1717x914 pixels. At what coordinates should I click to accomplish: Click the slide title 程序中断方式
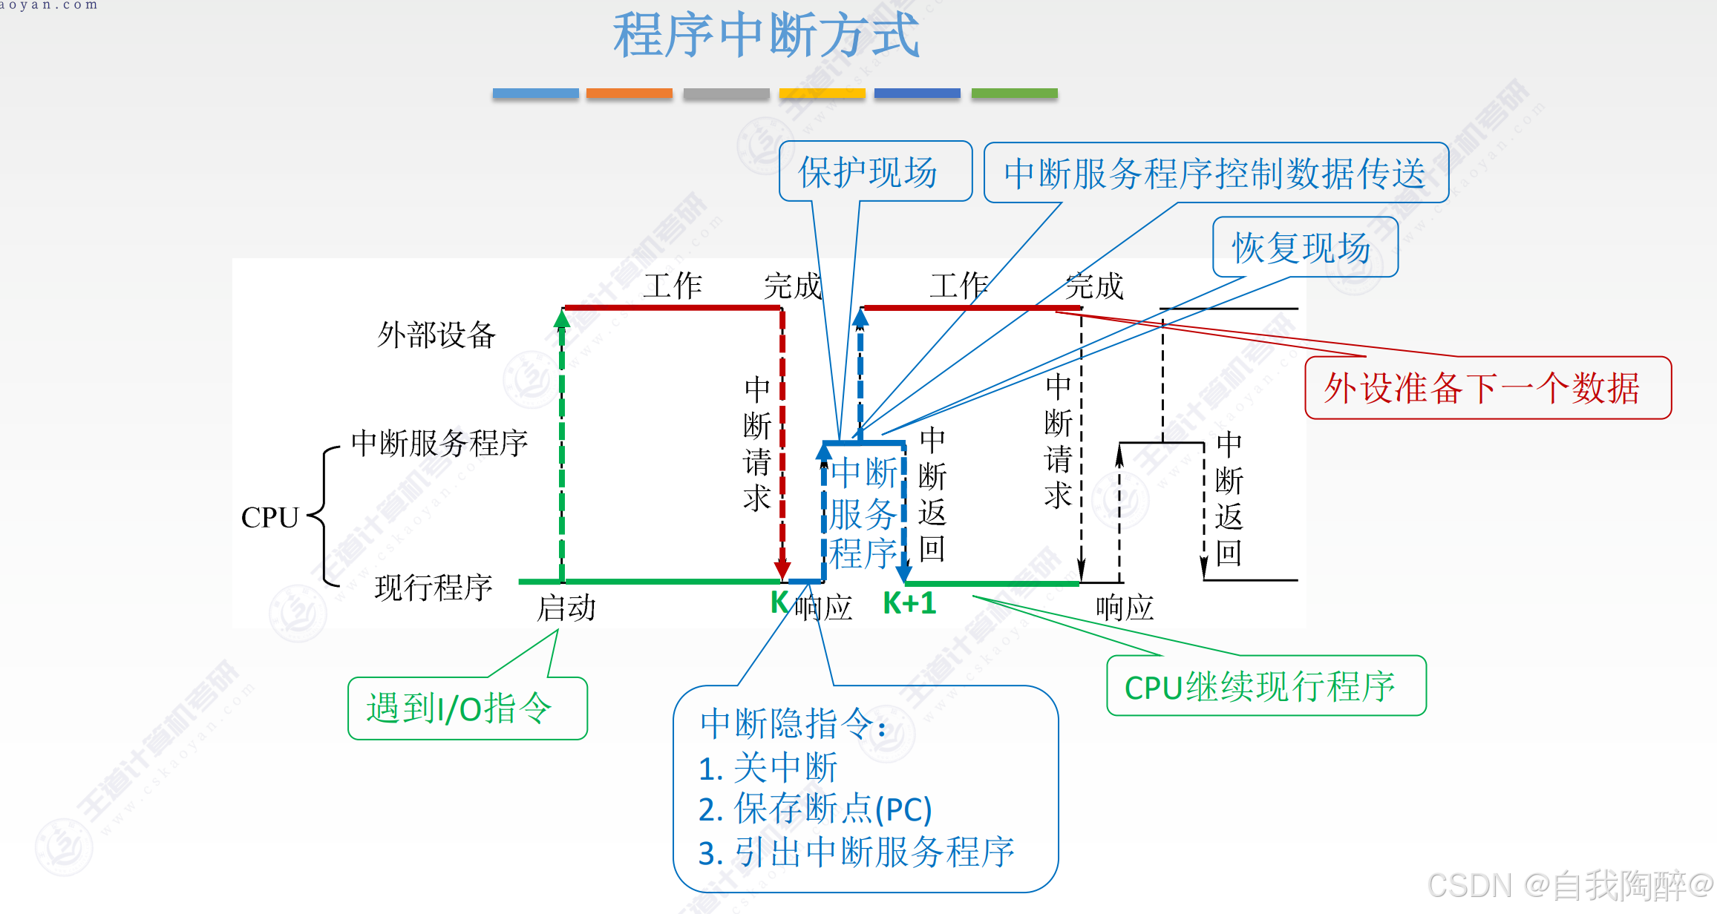click(x=766, y=35)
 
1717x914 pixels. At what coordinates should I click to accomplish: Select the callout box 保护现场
click(x=874, y=171)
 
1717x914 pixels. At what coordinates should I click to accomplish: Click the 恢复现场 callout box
click(x=1304, y=247)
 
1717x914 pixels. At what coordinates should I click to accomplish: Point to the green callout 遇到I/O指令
click(x=466, y=708)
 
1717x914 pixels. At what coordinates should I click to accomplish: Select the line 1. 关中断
click(x=768, y=768)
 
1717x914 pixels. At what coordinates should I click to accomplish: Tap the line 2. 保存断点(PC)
click(x=814, y=809)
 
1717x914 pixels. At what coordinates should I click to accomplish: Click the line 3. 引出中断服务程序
click(x=855, y=852)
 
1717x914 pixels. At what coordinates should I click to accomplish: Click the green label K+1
click(x=909, y=603)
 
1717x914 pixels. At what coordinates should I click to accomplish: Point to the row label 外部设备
click(x=436, y=335)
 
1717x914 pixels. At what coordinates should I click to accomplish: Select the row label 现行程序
click(x=433, y=588)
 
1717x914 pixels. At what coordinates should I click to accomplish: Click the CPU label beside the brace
click(x=269, y=517)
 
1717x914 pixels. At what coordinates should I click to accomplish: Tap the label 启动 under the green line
click(x=566, y=608)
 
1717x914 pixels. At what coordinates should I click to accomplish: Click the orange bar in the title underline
click(x=629, y=93)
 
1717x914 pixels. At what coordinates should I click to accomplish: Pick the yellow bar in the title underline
click(x=822, y=93)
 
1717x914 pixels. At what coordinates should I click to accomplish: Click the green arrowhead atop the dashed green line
click(x=562, y=319)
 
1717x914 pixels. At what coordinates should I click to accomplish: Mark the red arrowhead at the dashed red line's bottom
click(x=782, y=571)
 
